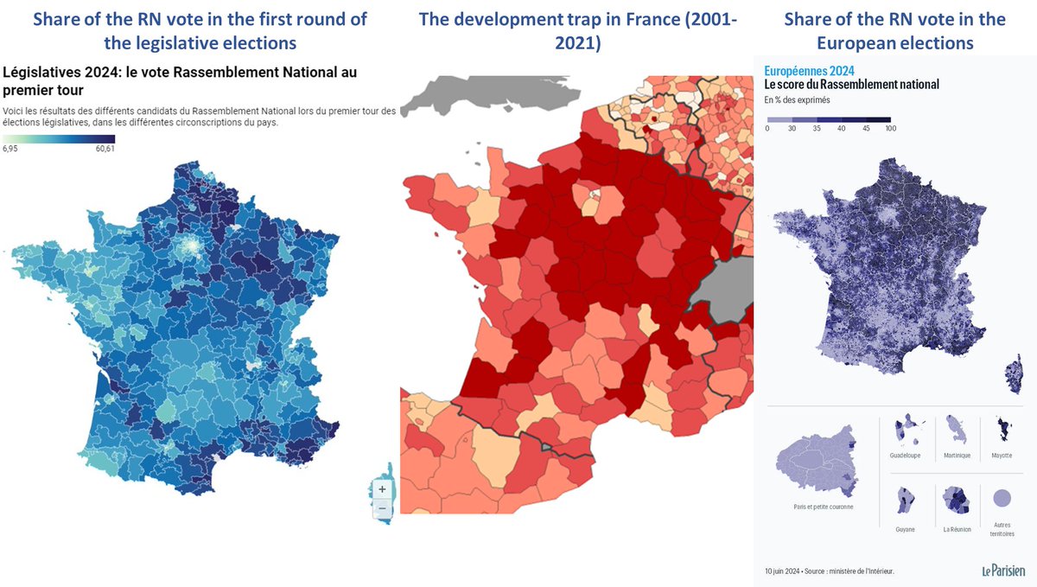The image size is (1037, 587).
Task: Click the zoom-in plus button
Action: tap(382, 488)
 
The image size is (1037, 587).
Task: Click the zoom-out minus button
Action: tap(382, 509)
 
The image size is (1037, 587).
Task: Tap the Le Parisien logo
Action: tap(1002, 571)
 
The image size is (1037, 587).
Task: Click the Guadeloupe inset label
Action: tap(904, 456)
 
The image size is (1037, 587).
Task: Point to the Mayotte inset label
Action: tap(1002, 456)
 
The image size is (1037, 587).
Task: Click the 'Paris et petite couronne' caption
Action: tap(818, 507)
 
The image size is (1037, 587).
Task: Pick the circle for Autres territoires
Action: tap(1002, 499)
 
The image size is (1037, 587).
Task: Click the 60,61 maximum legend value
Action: tap(105, 149)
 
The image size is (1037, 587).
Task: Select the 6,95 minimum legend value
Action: tap(12, 149)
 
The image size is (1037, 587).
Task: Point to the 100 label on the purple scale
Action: tap(890, 128)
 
